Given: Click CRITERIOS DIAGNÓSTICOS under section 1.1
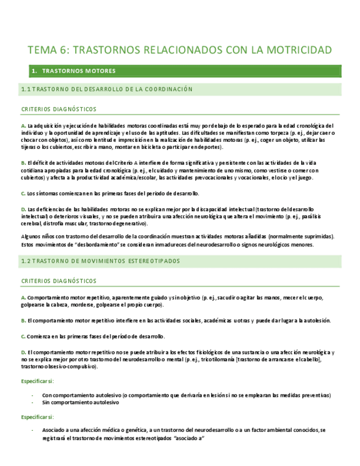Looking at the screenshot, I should click(59, 109).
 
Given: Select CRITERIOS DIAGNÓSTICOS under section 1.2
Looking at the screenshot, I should click(59, 281).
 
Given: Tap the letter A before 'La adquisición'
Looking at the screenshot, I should click(23, 126).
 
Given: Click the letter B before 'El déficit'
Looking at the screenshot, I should click(23, 163).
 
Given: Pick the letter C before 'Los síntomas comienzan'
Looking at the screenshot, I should click(23, 193).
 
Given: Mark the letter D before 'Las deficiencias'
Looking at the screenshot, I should click(23, 209).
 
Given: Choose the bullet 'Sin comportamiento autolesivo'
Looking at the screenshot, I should click(81, 402).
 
